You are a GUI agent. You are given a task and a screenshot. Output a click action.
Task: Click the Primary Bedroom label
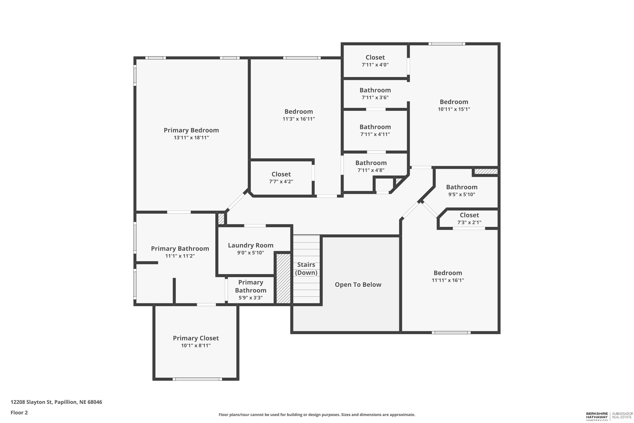pyautogui.click(x=191, y=130)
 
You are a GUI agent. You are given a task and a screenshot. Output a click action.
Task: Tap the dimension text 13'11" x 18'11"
pyautogui.click(x=191, y=138)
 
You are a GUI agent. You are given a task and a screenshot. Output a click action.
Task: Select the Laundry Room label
pyautogui.click(x=251, y=245)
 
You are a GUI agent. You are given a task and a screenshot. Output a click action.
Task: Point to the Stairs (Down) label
pyautogui.click(x=306, y=268)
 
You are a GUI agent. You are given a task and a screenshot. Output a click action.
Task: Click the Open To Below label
pyautogui.click(x=358, y=285)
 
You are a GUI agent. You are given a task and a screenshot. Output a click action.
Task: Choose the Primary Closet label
pyautogui.click(x=196, y=338)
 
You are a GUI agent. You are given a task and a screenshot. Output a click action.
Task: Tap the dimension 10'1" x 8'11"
pyautogui.click(x=196, y=346)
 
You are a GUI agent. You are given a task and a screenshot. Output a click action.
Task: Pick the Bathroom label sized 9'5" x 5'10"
pyautogui.click(x=462, y=187)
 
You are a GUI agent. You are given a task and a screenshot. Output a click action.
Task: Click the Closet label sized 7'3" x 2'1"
pyautogui.click(x=469, y=215)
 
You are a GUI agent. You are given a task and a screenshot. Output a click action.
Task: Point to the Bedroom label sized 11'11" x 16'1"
pyautogui.click(x=448, y=273)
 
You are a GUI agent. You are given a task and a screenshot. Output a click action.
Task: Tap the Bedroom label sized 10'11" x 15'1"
pyautogui.click(x=454, y=102)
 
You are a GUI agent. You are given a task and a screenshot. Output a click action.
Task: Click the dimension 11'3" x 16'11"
pyautogui.click(x=299, y=119)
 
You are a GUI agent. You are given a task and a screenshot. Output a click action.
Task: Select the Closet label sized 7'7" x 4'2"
pyautogui.click(x=281, y=174)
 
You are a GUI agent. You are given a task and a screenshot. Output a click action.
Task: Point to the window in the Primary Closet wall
pyautogui.click(x=197, y=379)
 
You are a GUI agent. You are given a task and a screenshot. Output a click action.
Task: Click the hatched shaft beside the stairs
pyautogui.click(x=284, y=278)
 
